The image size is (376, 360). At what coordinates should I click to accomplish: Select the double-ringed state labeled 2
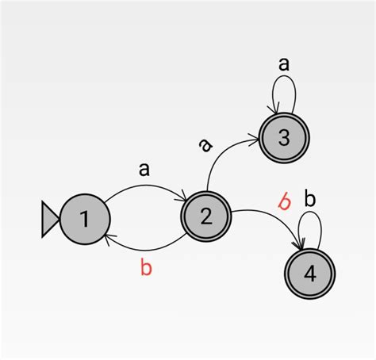206,216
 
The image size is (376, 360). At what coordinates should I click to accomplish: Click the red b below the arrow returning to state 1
146,267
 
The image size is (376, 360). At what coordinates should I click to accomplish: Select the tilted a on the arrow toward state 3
205,144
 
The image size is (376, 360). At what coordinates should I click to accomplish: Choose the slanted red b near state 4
284,201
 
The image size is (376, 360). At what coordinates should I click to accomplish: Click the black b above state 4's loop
310,198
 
